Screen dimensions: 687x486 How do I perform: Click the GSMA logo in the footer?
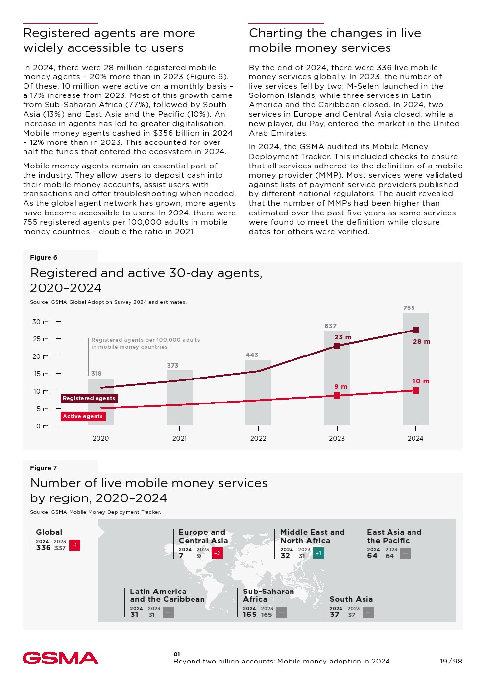click(x=60, y=658)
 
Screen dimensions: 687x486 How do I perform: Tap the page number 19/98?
click(x=450, y=661)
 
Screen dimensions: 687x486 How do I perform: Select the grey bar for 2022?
click(x=258, y=392)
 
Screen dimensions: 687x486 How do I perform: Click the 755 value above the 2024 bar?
click(x=409, y=308)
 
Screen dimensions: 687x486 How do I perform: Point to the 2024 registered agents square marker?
click(x=415, y=330)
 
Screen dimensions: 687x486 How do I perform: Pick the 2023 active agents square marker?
click(x=337, y=395)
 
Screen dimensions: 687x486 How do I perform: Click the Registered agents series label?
click(x=89, y=398)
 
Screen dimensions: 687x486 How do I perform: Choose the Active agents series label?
click(x=83, y=416)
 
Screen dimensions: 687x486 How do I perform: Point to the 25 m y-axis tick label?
click(x=40, y=339)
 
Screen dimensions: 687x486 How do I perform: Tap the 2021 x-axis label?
click(x=179, y=438)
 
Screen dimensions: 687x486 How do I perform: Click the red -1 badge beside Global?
click(x=74, y=545)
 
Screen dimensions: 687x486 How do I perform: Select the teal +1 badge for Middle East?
click(x=318, y=553)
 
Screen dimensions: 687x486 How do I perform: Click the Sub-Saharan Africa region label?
click(x=268, y=595)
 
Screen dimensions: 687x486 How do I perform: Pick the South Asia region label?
click(x=351, y=599)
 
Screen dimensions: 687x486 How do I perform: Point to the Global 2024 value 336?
click(x=43, y=548)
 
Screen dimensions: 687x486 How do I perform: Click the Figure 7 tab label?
click(x=44, y=468)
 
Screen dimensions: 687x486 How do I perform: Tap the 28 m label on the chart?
click(x=421, y=341)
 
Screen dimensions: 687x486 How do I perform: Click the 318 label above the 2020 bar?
click(x=97, y=373)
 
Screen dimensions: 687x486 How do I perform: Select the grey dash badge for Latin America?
click(x=168, y=612)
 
